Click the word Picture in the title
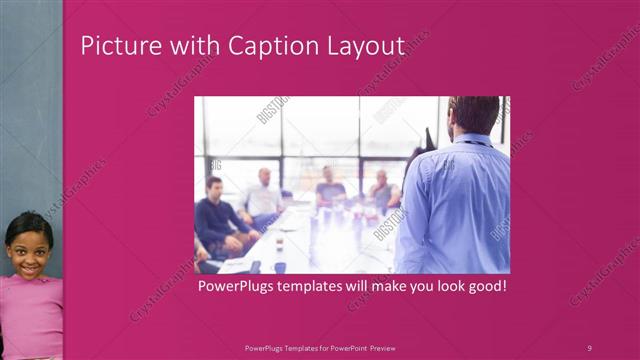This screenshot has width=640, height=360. [x=113, y=46]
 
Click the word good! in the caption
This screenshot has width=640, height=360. [x=485, y=287]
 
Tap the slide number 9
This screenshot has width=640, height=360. [x=589, y=347]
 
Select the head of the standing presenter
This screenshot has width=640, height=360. [x=473, y=116]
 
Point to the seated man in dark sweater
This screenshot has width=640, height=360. [x=214, y=216]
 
